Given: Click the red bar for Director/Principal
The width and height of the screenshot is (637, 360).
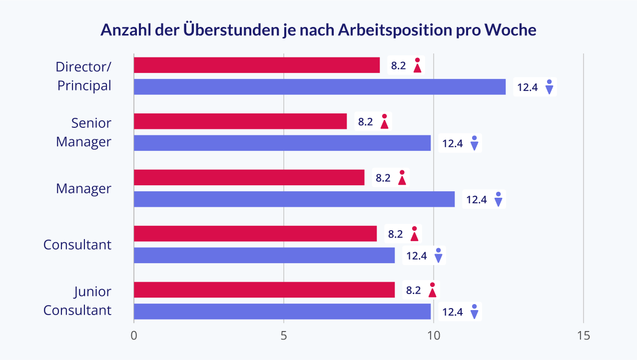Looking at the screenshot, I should point(257,65).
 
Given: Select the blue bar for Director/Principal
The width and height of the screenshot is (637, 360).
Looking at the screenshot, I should point(320,87).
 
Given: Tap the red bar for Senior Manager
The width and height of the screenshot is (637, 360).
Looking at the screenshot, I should point(240,121).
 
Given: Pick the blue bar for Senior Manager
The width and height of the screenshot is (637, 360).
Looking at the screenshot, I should point(282,143).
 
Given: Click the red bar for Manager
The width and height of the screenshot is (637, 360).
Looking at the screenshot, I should point(249,177).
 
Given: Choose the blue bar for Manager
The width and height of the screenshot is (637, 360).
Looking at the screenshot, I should point(294,199).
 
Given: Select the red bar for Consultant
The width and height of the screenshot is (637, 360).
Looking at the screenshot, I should point(255,234).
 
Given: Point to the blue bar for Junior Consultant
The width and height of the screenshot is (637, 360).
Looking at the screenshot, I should point(282,312).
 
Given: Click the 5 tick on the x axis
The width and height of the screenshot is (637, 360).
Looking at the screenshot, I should point(284,336).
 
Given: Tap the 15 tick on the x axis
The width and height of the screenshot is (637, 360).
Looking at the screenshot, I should point(584,336).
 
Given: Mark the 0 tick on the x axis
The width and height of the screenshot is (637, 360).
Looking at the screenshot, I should point(134,336).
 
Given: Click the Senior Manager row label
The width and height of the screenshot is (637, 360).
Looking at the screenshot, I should point(83,132).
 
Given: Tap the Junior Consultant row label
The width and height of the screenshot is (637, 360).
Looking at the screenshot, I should point(77,301).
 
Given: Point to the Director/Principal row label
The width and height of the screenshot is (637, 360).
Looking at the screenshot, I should point(83,76).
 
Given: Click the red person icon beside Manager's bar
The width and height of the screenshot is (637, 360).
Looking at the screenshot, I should point(402,178).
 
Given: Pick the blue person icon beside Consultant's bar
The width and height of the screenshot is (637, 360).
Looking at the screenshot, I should point(438,255).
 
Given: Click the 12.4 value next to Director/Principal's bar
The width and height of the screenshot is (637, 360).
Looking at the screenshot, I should point(527,87).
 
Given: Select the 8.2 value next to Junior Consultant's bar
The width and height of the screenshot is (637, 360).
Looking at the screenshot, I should point(413,290).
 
